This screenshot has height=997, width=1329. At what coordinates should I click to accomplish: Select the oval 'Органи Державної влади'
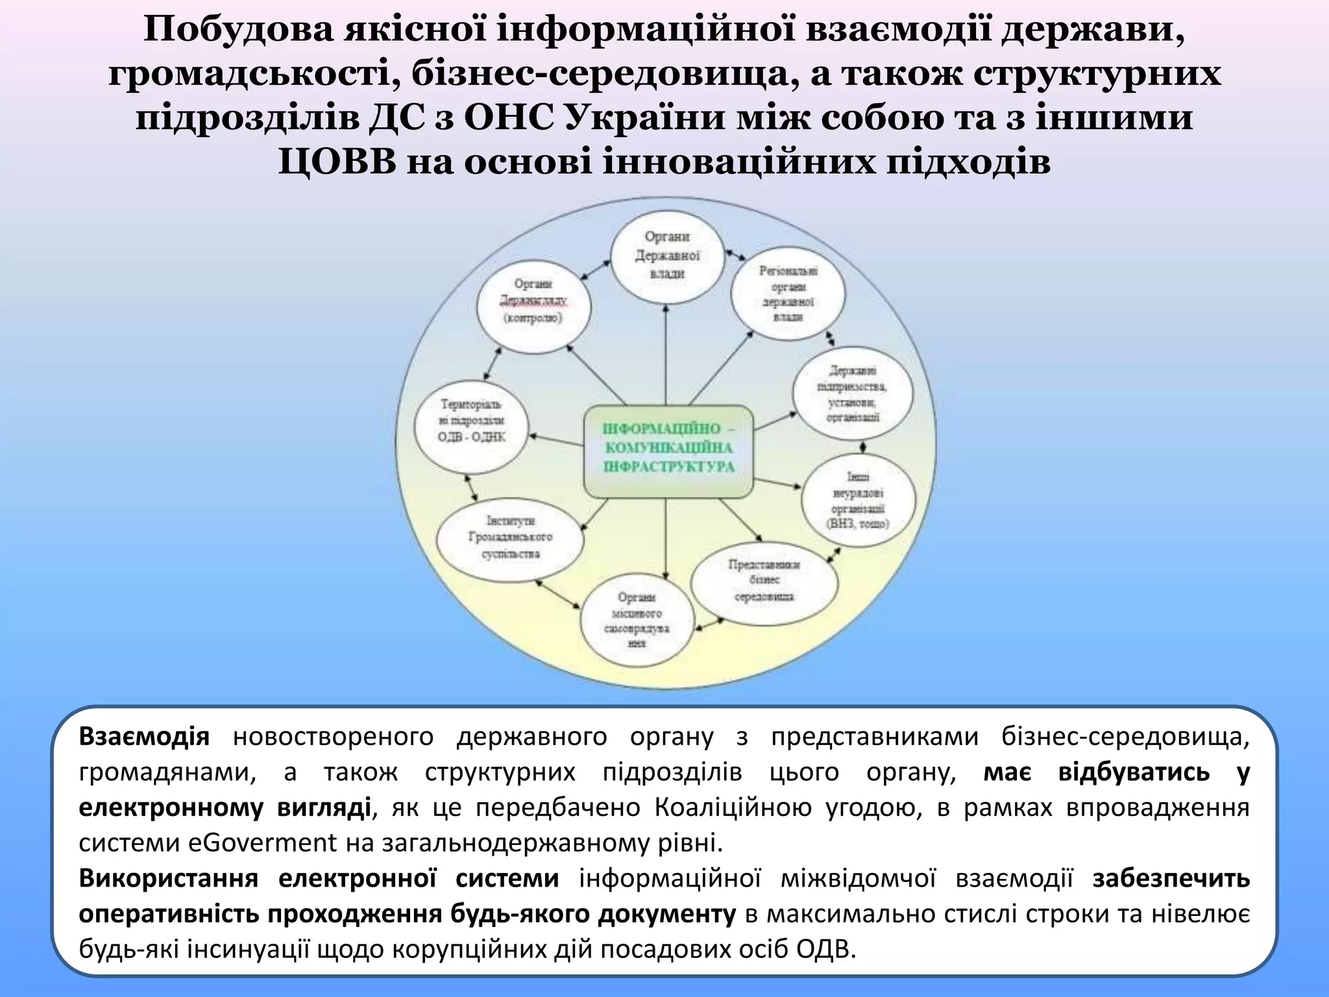tap(667, 256)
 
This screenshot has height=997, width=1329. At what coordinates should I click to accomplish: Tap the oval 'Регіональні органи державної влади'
tap(788, 293)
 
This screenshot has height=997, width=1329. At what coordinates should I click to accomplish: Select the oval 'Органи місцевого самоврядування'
tap(637, 621)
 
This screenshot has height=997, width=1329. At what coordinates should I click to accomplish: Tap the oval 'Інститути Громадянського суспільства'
tap(510, 538)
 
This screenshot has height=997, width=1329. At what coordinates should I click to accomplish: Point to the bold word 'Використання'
tap(169, 879)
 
